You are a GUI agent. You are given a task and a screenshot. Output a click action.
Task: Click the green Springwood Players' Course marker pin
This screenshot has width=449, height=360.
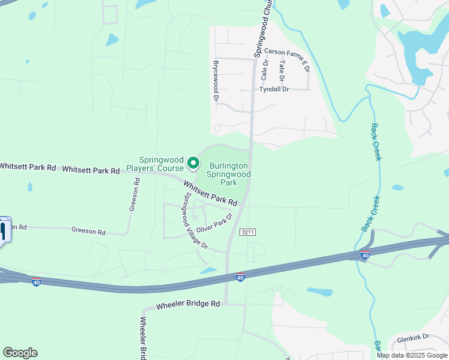[x=193, y=163]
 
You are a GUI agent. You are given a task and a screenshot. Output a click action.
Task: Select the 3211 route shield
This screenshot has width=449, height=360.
[x=246, y=232]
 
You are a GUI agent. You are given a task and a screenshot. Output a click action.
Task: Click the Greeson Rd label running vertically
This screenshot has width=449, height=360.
[x=135, y=194]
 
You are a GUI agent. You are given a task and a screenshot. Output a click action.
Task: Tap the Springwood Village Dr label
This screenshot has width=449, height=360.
[x=196, y=221]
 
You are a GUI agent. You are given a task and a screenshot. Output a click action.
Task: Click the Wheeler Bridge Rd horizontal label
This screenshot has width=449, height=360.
[x=188, y=305]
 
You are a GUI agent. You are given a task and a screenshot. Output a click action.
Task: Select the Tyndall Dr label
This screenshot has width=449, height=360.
[x=274, y=89]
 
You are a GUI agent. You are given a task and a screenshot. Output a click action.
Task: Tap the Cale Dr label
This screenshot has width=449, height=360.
[x=264, y=71]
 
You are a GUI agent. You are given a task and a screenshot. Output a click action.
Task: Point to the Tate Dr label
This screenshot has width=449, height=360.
[x=281, y=71]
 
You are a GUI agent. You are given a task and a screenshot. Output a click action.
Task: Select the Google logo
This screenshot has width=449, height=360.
[x=20, y=353]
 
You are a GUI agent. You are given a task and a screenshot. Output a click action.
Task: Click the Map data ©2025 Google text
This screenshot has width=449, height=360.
[x=412, y=355]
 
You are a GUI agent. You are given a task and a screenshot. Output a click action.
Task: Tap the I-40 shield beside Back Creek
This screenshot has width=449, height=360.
[x=365, y=256]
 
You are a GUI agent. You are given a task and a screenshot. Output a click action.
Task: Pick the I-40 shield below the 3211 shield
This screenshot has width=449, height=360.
[x=240, y=277]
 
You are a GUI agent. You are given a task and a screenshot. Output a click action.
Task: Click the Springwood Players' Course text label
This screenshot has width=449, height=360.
[x=161, y=164]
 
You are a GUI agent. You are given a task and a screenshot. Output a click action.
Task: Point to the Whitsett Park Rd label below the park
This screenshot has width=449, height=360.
[x=211, y=194]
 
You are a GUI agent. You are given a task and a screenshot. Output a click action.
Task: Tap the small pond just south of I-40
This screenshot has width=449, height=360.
[x=319, y=292]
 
